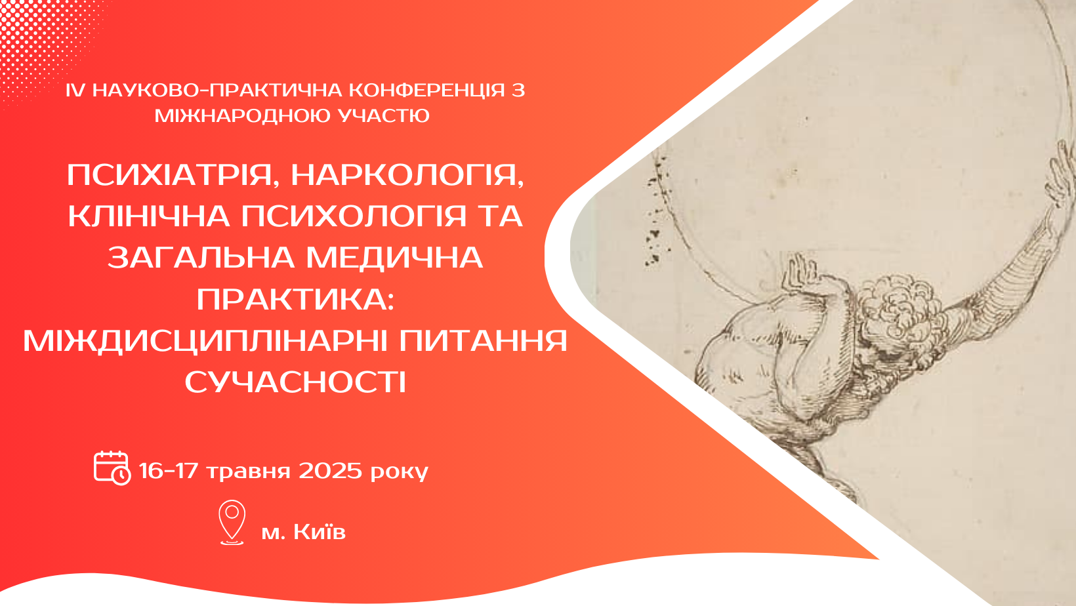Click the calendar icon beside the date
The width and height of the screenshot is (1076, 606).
[112, 468]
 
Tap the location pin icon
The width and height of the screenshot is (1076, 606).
[232, 523]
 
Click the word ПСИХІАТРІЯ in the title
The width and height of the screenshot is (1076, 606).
[169, 175]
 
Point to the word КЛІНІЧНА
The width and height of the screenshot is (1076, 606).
[149, 216]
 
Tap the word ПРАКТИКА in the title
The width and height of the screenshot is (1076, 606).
[295, 299]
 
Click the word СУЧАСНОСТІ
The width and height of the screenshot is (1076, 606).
[295, 383]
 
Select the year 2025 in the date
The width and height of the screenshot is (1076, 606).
[330, 471]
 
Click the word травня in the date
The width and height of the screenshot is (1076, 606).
[249, 472]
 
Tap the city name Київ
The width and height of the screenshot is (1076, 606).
[320, 532]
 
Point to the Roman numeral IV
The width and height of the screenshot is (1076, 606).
[75, 91]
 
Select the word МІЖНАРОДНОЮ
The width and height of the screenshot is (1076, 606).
[243, 115]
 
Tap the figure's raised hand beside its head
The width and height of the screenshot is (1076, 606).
[800, 273]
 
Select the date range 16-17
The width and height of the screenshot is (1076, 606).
[168, 471]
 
